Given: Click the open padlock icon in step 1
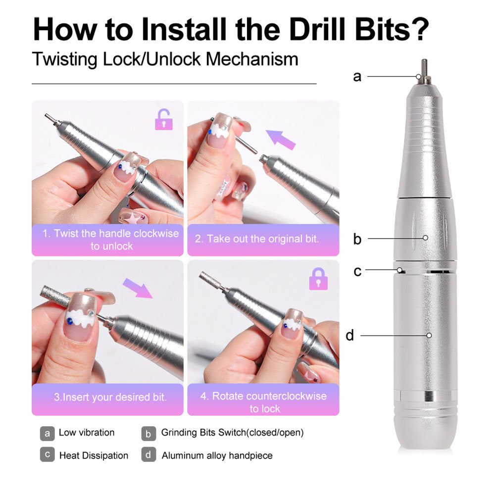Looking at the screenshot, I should point(164,120).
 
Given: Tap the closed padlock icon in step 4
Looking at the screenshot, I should point(318,279).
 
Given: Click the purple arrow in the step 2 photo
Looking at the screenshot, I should point(281,139).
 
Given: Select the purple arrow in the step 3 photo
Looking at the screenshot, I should point(138,288).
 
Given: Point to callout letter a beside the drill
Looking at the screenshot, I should point(357,77).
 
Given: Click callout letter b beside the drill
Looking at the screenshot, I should point(357,239).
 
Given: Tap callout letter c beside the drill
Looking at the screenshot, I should point(357,271).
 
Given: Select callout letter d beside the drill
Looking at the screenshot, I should point(350,336).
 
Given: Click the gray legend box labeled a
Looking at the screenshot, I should point(47,433).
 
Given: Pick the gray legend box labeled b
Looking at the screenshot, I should point(148,433).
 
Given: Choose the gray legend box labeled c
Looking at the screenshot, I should point(47,455).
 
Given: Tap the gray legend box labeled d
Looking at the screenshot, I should point(148,455).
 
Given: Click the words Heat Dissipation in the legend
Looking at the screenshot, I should point(94,455).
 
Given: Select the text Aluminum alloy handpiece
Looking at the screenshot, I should point(217,455).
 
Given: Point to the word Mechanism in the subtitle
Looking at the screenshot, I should point(252,59).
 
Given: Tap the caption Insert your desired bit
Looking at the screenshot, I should point(110,397).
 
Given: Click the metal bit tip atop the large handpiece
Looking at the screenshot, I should point(424,69).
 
